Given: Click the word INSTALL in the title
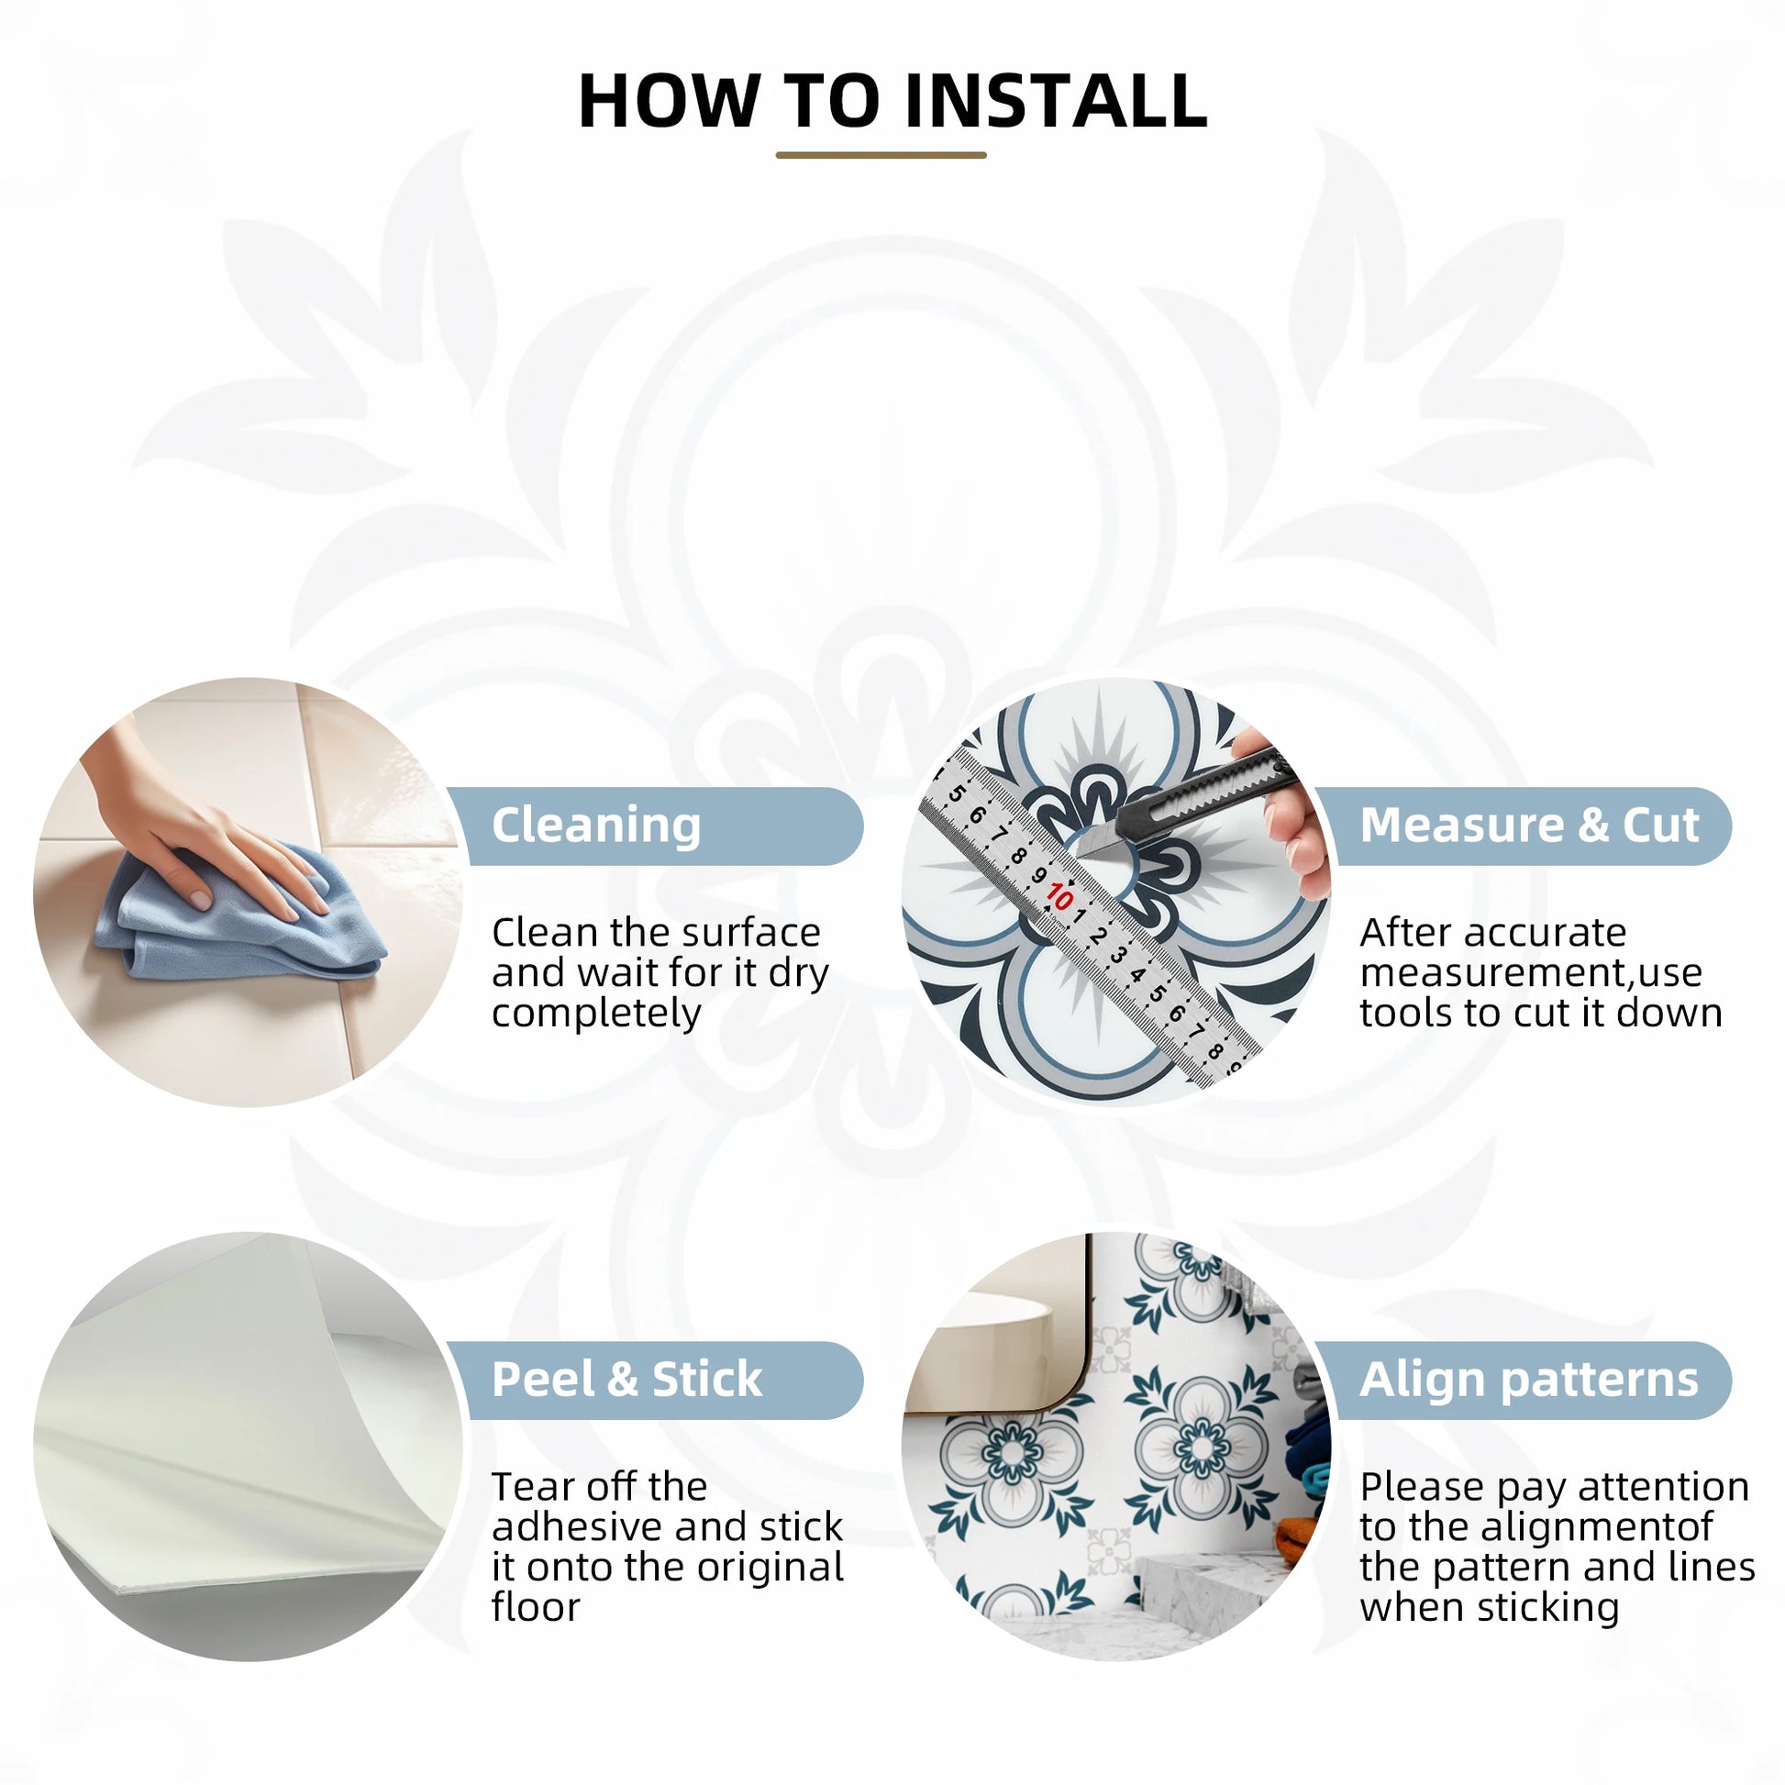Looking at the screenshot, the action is click(1056, 101).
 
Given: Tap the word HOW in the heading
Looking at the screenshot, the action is click(669, 101).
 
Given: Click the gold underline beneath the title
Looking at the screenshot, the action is click(881, 155).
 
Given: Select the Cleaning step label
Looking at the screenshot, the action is click(596, 825).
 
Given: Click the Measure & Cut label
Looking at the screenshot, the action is click(1529, 824).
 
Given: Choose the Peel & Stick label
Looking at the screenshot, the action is click(626, 1380).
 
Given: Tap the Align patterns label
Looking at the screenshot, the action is click(1529, 1380).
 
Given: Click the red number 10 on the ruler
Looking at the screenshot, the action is click(1059, 897).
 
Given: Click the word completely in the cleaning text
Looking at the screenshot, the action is click(596, 1014).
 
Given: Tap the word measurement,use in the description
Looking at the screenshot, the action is click(1531, 973).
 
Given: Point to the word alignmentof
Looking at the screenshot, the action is click(1598, 1526).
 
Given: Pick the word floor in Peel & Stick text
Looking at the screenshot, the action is click(536, 1607).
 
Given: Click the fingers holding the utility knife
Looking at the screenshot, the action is click(1289, 813).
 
